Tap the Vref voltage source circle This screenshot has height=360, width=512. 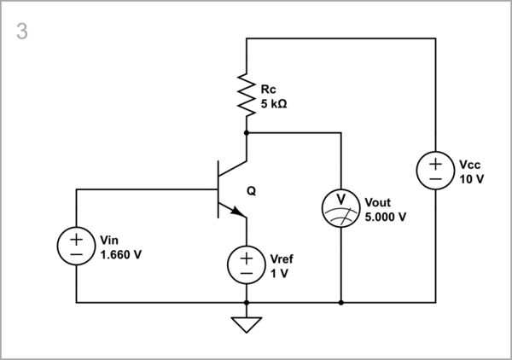(x=247, y=264)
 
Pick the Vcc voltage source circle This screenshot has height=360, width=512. (x=434, y=171)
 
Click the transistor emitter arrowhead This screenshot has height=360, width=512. (x=235, y=210)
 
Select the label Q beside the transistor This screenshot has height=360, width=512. (x=250, y=191)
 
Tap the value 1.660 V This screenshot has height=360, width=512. (x=120, y=254)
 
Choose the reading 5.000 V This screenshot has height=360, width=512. (x=385, y=217)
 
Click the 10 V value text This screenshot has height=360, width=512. (x=471, y=179)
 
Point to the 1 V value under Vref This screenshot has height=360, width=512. (x=277, y=273)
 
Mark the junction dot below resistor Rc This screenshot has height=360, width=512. (x=247, y=133)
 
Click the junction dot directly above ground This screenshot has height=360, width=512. (x=247, y=302)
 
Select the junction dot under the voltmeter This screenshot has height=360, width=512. (x=340, y=302)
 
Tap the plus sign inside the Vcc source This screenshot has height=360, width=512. (x=434, y=162)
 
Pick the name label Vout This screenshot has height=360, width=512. (x=378, y=203)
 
